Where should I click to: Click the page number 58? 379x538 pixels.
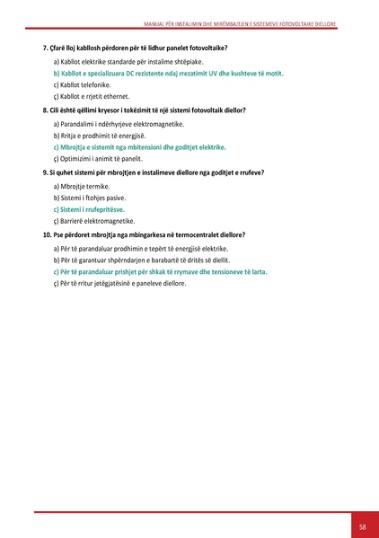[361, 525]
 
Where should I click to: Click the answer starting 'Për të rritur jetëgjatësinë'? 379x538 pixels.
[125, 283]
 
